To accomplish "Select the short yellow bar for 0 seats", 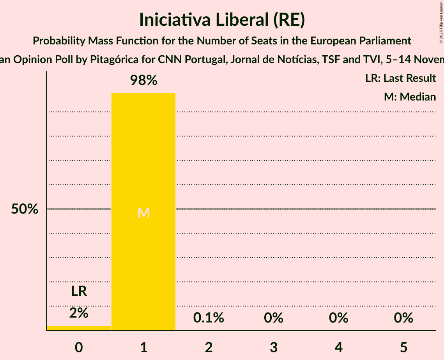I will pyautogui.click(x=78, y=328).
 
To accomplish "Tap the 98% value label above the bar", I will pyautogui.click(x=143, y=80).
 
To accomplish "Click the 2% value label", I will pyautogui.click(x=79, y=312).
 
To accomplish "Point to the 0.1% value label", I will pyautogui.click(x=209, y=318).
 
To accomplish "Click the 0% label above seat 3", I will pyautogui.click(x=274, y=318).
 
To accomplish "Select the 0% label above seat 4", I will pyautogui.click(x=338, y=318).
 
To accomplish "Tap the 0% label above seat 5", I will pyautogui.click(x=403, y=318).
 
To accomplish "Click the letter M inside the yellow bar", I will pyautogui.click(x=143, y=213).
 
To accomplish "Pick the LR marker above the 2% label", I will pyautogui.click(x=79, y=291).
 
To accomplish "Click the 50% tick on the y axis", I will pyautogui.click(x=25, y=209).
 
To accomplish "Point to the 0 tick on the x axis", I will pyautogui.click(x=79, y=347).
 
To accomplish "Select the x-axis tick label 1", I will pyautogui.click(x=143, y=347).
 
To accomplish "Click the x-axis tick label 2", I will pyautogui.click(x=209, y=347).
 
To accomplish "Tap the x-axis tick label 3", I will pyautogui.click(x=274, y=347).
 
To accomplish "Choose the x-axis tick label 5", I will pyautogui.click(x=403, y=347).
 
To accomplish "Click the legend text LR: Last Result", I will pyautogui.click(x=400, y=78).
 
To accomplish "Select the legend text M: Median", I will pyautogui.click(x=410, y=97).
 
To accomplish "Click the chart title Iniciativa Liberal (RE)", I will pyautogui.click(x=222, y=20).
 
